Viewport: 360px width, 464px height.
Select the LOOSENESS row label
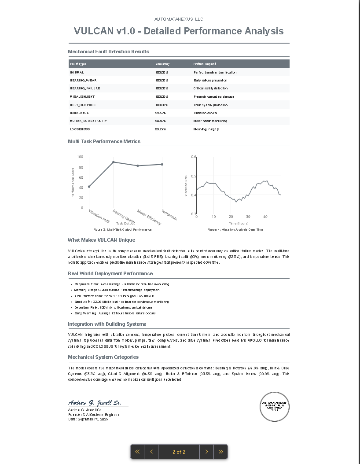point(80,129)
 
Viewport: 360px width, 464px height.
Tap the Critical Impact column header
point(205,64)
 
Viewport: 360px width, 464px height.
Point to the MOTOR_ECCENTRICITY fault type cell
point(88,121)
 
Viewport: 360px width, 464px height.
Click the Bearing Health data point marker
point(114,162)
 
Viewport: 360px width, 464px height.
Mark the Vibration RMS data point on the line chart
point(89,187)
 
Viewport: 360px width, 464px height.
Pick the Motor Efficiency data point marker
point(138,166)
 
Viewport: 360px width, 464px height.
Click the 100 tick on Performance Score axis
point(80,157)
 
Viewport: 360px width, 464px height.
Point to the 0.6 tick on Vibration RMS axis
point(194,157)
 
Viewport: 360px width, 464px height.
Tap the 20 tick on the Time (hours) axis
point(231,217)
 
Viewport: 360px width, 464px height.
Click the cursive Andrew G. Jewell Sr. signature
point(95,402)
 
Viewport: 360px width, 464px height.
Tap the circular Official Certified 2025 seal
point(275,406)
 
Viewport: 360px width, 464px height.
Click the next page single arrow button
point(206,452)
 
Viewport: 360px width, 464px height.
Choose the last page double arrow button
point(220,452)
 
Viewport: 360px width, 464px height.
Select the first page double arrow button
point(137,452)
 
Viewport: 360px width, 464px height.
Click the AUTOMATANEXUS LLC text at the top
point(179,19)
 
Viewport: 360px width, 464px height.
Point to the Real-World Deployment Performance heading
point(110,273)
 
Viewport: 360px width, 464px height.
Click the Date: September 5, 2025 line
point(88,419)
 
